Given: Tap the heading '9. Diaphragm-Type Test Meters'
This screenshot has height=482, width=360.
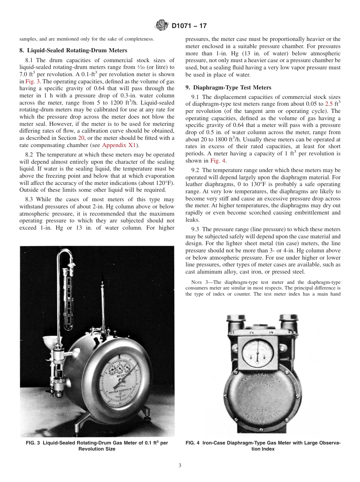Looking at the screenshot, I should click(229, 87).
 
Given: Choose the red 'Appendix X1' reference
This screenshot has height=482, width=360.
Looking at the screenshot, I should click(119, 145).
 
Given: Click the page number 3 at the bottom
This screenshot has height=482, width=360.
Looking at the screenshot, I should click(180, 465).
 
